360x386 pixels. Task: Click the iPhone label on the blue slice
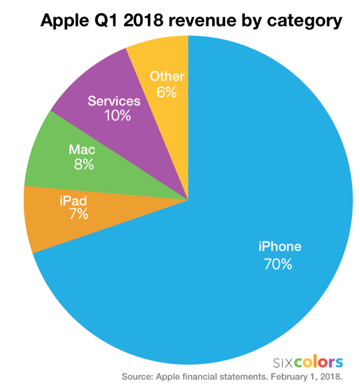tap(280, 246)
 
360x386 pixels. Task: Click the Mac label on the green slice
tap(82, 150)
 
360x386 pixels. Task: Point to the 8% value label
tap(84, 165)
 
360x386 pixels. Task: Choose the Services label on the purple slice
tap(114, 101)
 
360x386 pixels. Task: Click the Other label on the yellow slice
tap(167, 76)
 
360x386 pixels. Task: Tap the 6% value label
tap(166, 92)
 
